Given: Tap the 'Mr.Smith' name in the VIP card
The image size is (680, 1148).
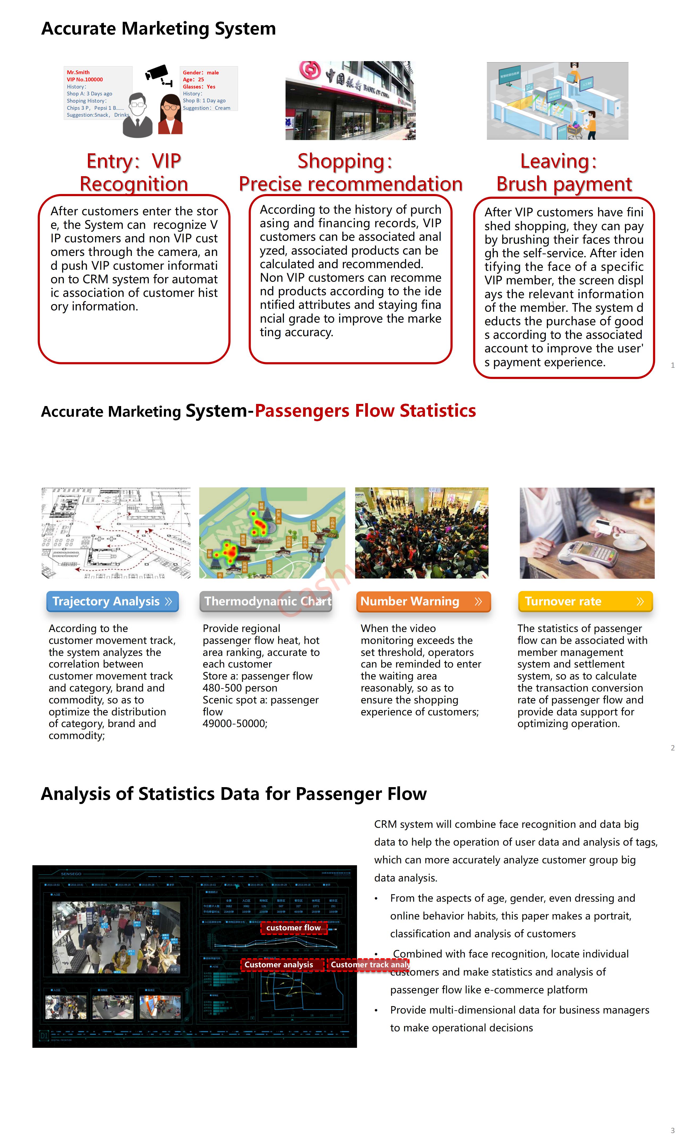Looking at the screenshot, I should [x=78, y=72].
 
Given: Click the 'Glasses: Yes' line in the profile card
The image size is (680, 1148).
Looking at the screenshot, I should [x=199, y=87].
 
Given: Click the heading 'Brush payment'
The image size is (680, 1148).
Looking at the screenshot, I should [x=564, y=184].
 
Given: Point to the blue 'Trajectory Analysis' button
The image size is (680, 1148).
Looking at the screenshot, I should [x=112, y=601].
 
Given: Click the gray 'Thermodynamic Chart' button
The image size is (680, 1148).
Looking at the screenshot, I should [x=266, y=601].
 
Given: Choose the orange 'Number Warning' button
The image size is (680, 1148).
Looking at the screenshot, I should [x=423, y=601].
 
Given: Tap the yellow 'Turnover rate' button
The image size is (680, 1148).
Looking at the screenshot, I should [x=585, y=601].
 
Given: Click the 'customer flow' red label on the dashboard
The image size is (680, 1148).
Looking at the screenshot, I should [x=294, y=927].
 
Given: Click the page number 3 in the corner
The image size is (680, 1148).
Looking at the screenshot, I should [x=672, y=1130].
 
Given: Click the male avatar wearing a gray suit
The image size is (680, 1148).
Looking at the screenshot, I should [x=138, y=116].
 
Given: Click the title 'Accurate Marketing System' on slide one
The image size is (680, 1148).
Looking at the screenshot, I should [x=159, y=28].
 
